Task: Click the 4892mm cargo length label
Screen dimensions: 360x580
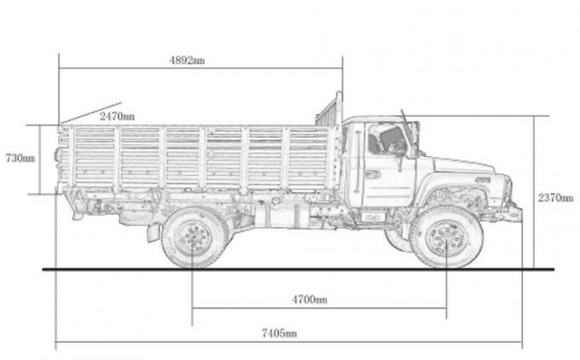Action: click(187, 61)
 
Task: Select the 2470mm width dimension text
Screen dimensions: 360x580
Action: click(116, 115)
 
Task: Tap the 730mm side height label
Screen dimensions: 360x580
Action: click(20, 158)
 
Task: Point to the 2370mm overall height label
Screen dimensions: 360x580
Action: click(555, 197)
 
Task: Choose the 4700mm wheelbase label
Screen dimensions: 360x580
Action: click(309, 299)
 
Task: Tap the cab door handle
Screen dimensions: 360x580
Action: click(373, 174)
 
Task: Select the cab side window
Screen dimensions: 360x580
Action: click(386, 140)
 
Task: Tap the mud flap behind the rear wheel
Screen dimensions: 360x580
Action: click(154, 232)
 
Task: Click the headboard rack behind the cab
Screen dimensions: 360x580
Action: click(329, 111)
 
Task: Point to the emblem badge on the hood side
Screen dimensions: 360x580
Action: click(483, 180)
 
